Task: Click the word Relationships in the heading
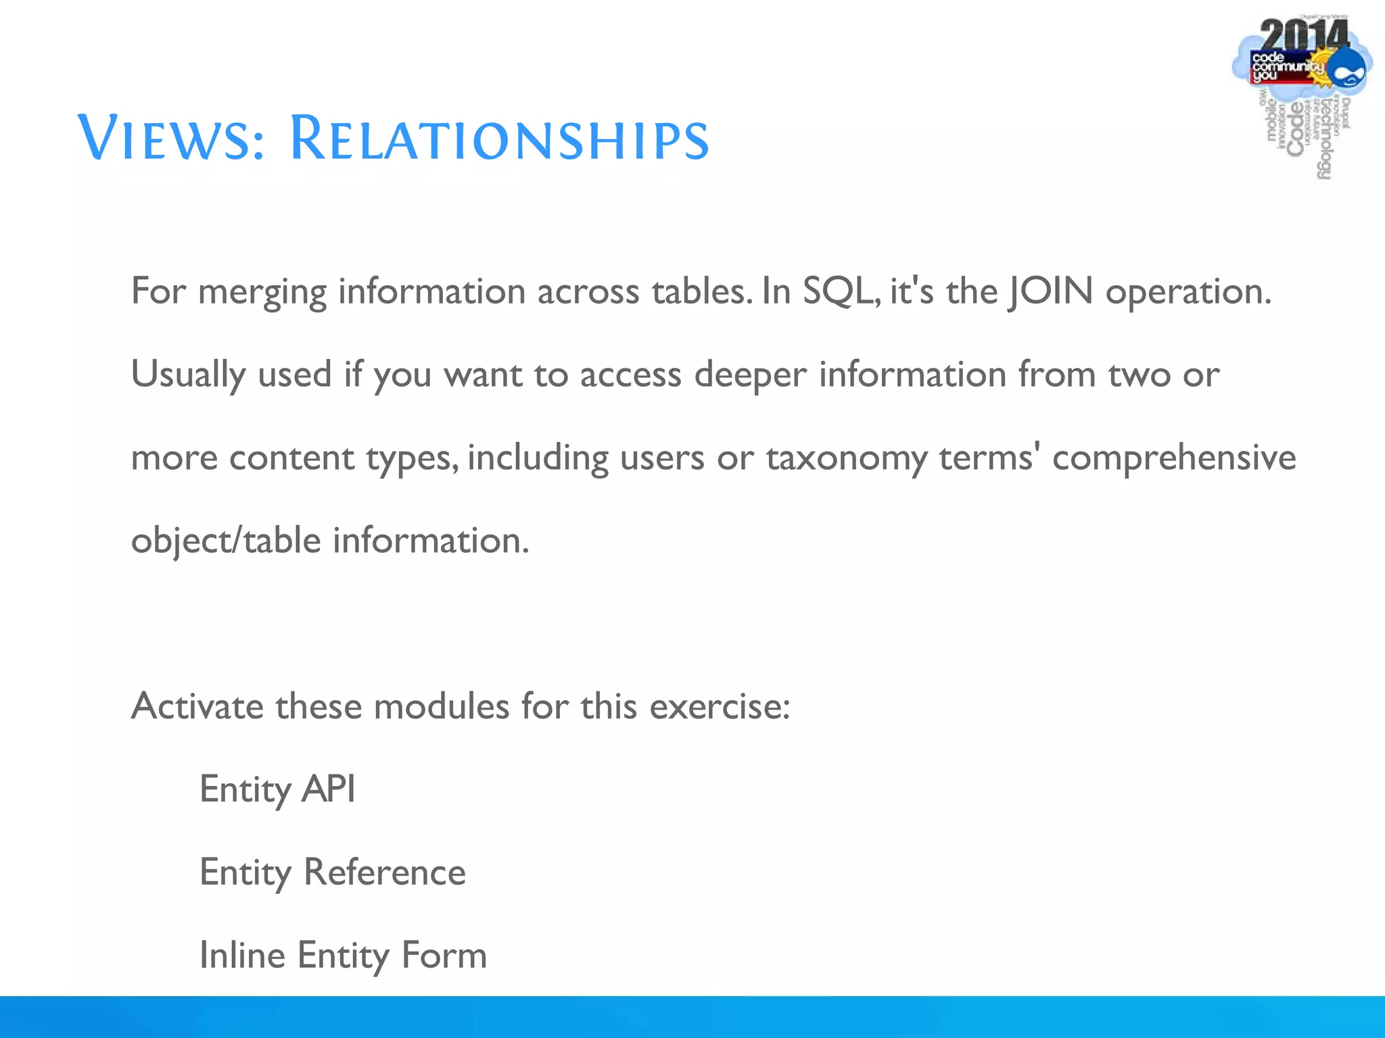click(x=499, y=139)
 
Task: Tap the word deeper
click(x=751, y=375)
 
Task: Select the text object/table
click(x=226, y=541)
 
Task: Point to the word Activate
click(x=197, y=706)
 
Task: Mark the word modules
click(x=441, y=706)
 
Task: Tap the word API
click(x=328, y=789)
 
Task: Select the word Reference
click(x=384, y=872)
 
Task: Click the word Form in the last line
click(x=444, y=955)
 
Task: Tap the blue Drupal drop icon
click(x=1349, y=70)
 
